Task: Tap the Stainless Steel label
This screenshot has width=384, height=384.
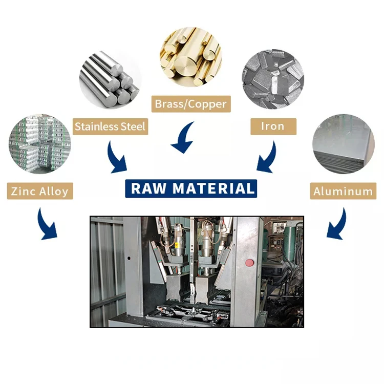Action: (x=111, y=126)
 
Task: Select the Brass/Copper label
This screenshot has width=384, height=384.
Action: (x=190, y=104)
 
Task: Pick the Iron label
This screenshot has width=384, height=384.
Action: (x=273, y=126)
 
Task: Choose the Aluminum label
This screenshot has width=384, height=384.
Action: (x=343, y=191)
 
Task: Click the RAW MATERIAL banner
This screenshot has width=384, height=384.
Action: (x=191, y=188)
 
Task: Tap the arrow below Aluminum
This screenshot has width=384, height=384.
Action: (x=336, y=223)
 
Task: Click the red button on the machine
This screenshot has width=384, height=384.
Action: (x=250, y=263)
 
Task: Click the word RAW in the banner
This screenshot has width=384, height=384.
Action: (x=150, y=188)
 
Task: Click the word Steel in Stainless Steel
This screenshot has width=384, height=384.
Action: (x=133, y=126)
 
